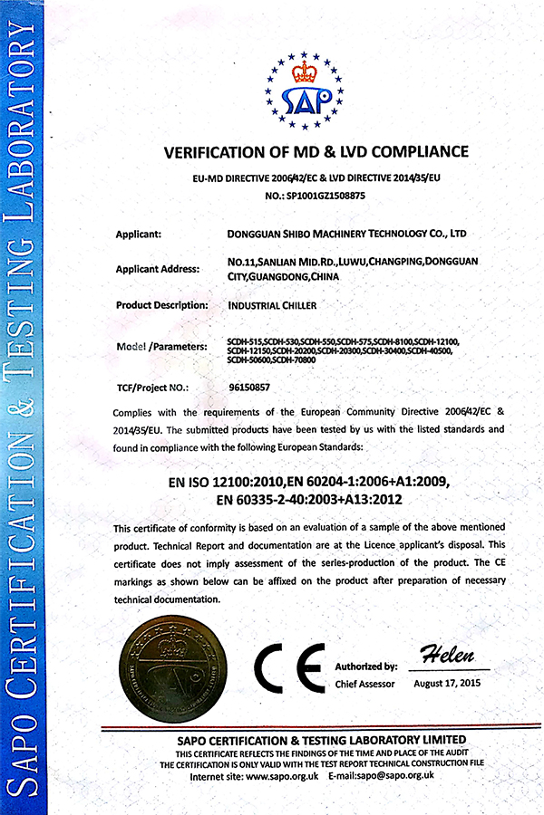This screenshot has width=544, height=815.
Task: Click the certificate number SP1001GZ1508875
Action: point(325,195)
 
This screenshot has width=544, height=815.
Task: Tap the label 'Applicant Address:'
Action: point(157,269)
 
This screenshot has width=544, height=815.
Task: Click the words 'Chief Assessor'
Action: point(364,684)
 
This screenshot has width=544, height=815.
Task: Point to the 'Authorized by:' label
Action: point(366,666)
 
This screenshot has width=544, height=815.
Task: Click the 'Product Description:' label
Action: point(162,305)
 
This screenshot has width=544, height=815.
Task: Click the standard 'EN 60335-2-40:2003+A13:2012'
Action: point(303,499)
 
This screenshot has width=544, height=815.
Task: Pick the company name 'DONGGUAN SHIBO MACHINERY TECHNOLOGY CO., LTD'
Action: point(347,234)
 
